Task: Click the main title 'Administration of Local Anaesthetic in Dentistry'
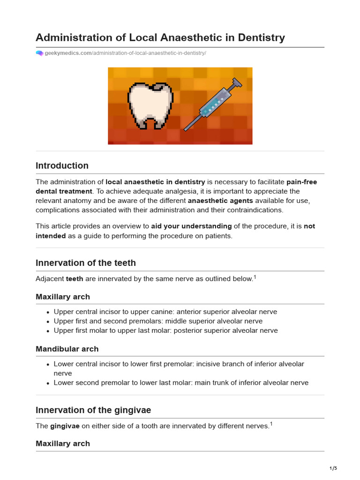pyautogui.click(x=160, y=37)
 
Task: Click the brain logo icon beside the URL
pyautogui.click(x=39, y=53)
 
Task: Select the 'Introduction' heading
pyautogui.click(x=62, y=165)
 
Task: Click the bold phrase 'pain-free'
pyautogui.click(x=301, y=182)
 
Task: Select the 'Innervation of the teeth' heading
pyautogui.click(x=86, y=262)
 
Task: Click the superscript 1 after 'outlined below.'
pyautogui.click(x=255, y=277)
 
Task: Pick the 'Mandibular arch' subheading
pyautogui.click(x=67, y=349)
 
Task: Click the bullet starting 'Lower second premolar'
pyautogui.click(x=181, y=382)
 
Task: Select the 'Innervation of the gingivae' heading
pyautogui.click(x=93, y=410)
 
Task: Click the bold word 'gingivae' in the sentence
pyautogui.click(x=65, y=426)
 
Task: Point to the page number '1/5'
pyautogui.click(x=333, y=468)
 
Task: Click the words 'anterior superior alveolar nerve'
pyautogui.click(x=225, y=312)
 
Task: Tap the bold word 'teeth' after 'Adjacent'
pyautogui.click(x=75, y=279)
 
